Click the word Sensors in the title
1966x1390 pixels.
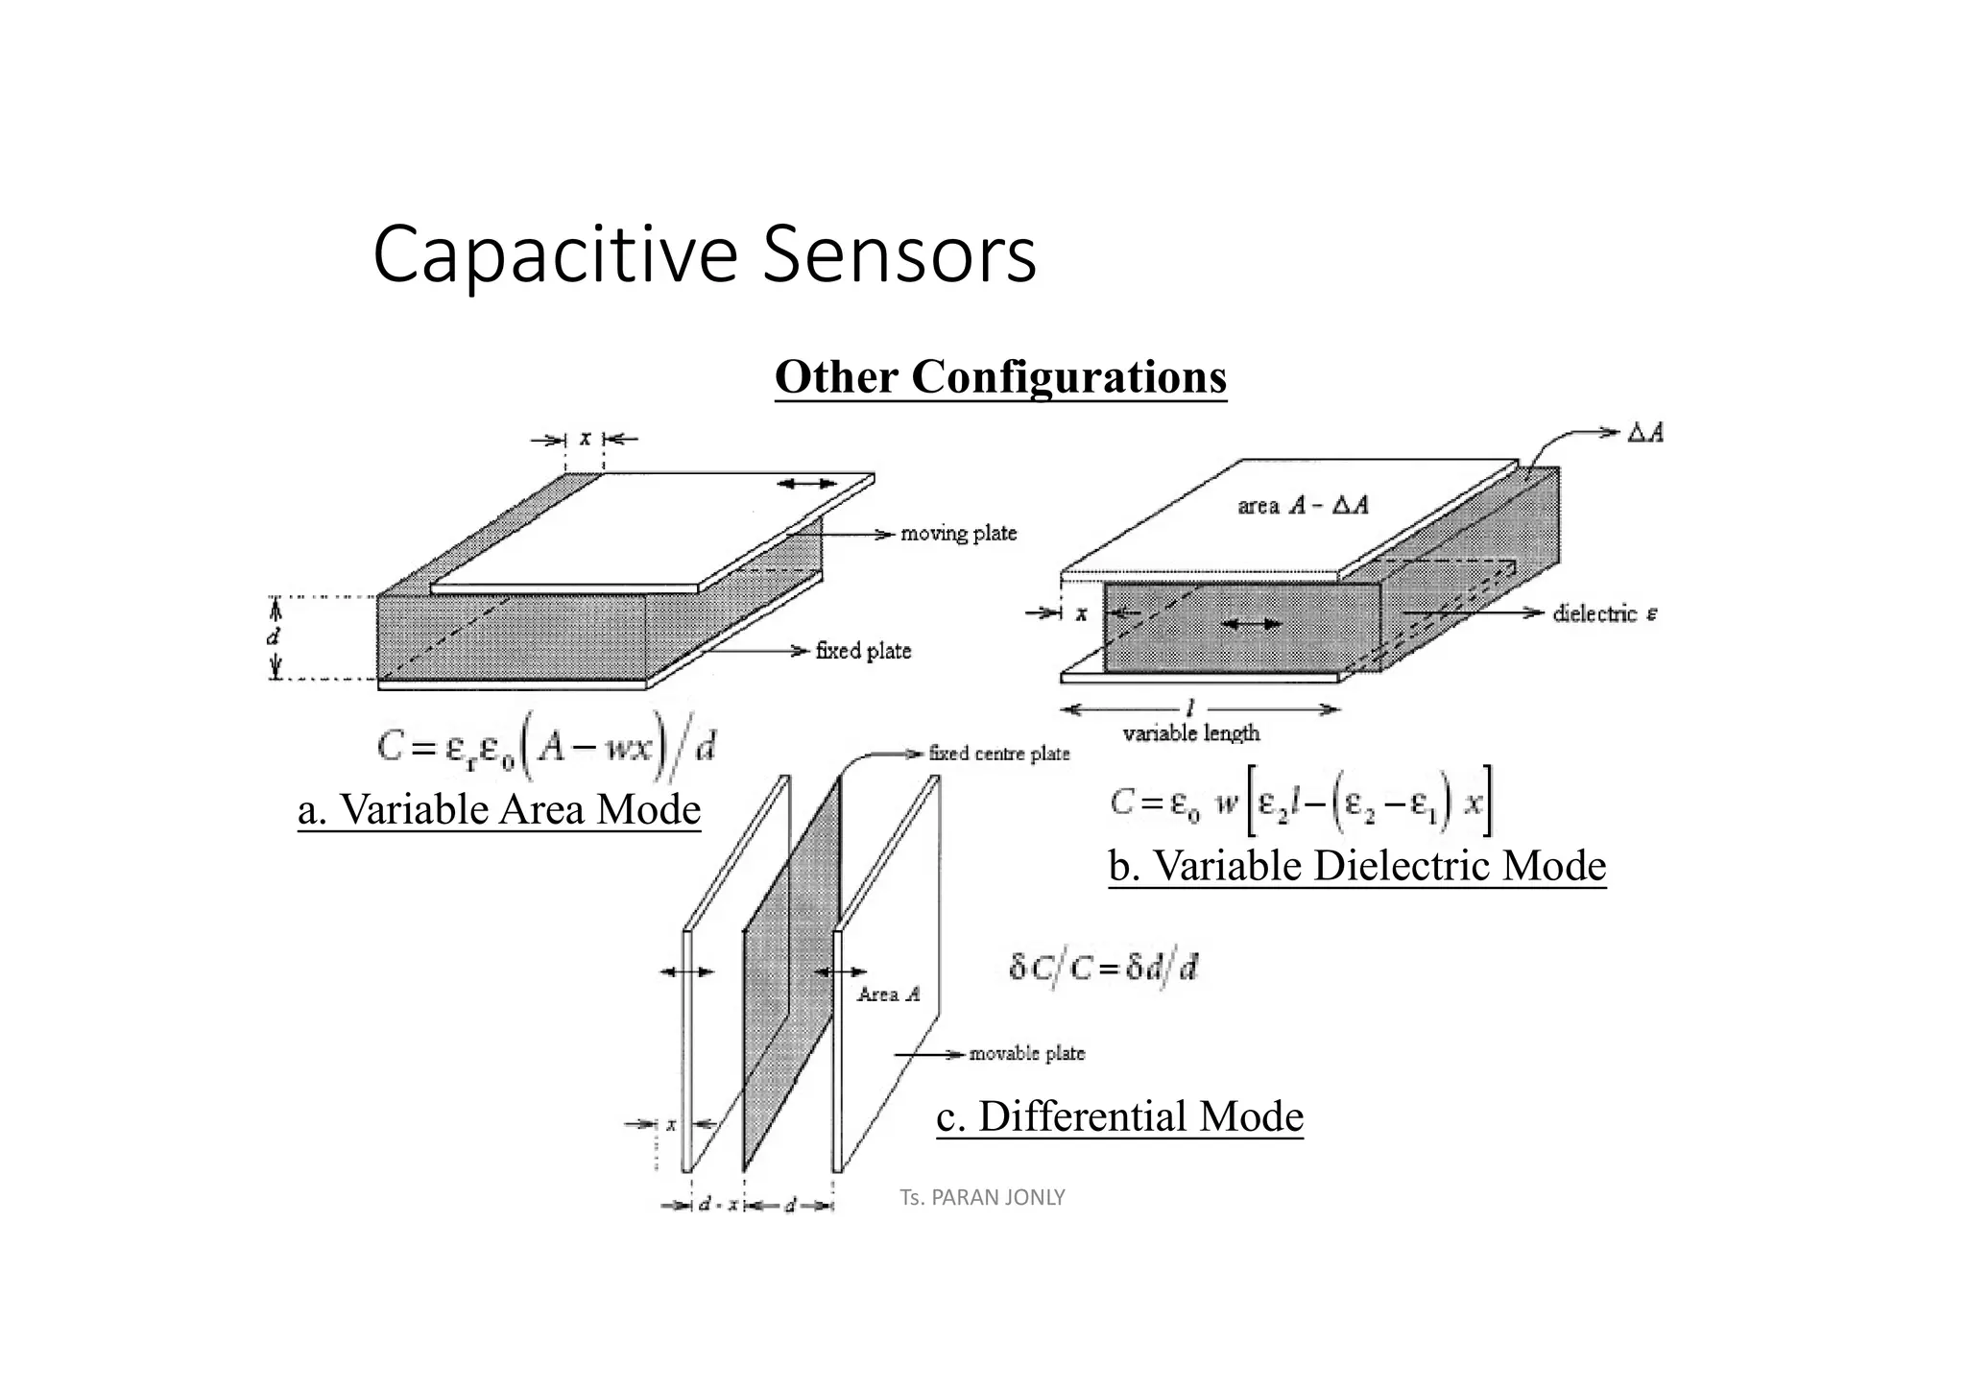[899, 255]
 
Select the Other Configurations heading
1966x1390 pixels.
[1000, 376]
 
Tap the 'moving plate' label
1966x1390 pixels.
[958, 534]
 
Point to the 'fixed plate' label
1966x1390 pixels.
[863, 651]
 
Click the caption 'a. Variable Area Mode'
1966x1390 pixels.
[499, 809]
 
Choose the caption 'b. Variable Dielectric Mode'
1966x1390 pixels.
[1357, 866]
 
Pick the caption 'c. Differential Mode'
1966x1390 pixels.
[1119, 1116]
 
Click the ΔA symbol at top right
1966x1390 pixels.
[1645, 433]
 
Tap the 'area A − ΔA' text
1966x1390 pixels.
[1303, 506]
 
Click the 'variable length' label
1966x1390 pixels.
[1190, 733]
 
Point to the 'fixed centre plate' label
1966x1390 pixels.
[998, 754]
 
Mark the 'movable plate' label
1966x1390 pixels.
[1026, 1054]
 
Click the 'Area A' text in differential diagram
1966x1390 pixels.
[888, 995]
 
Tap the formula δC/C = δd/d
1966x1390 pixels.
[1103, 968]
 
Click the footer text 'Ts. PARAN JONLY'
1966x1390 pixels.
[982, 1198]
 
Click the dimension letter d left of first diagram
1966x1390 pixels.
[274, 636]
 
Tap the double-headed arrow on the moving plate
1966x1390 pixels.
[806, 484]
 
